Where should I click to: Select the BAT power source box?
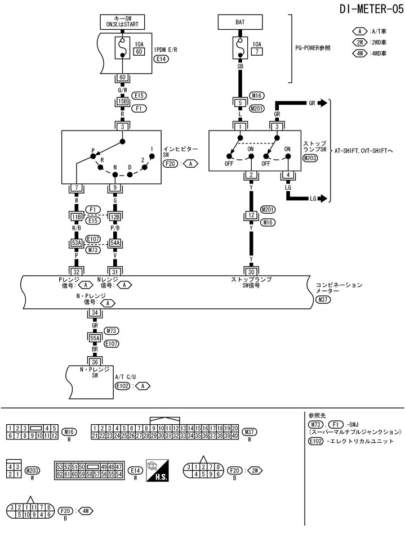(240, 23)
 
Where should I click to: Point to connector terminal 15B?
(122, 101)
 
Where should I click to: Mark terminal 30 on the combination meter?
(251, 271)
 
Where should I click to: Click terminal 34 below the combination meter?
(95, 312)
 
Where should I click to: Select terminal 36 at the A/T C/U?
(95, 361)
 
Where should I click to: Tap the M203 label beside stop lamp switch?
(310, 159)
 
